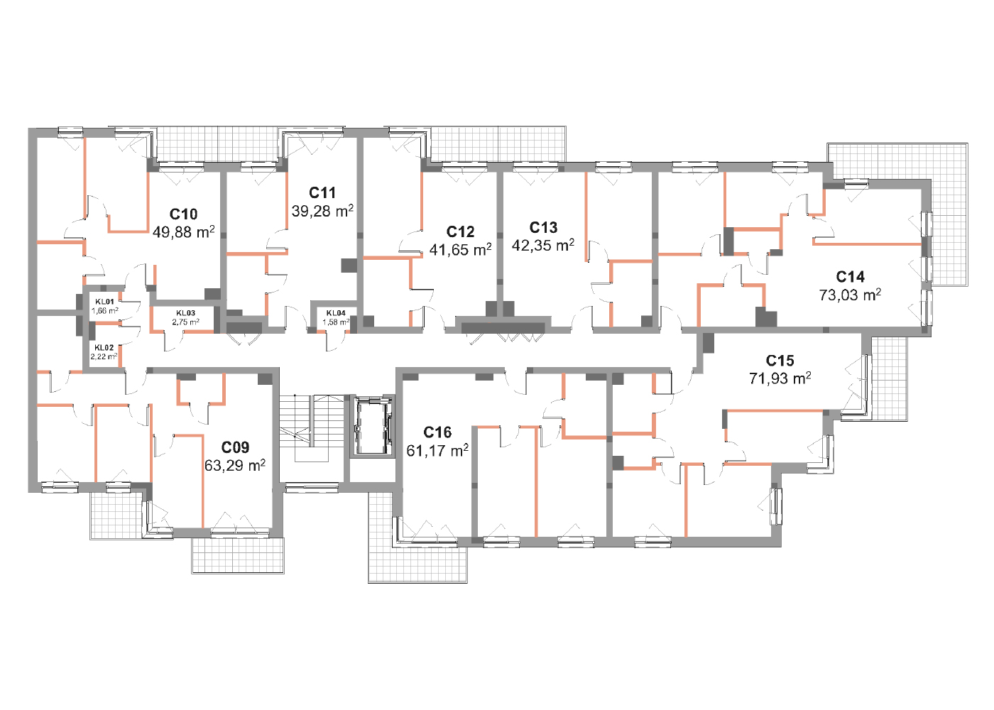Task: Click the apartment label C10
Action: [183, 214]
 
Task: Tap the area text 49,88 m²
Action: [183, 231]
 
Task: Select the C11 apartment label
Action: [322, 193]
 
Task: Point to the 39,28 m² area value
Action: [322, 211]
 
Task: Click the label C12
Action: [460, 231]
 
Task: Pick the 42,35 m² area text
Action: [543, 245]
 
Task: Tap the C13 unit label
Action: [543, 228]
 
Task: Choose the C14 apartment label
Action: [851, 277]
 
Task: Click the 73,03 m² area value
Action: [851, 295]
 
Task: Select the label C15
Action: [780, 361]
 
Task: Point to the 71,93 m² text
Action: [780, 378]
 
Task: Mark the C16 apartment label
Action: [437, 432]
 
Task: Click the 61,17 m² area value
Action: [437, 451]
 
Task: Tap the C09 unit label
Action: [235, 447]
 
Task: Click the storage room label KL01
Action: [105, 302]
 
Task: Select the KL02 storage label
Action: [104, 348]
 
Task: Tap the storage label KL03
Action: [185, 313]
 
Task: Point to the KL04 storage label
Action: [336, 313]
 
